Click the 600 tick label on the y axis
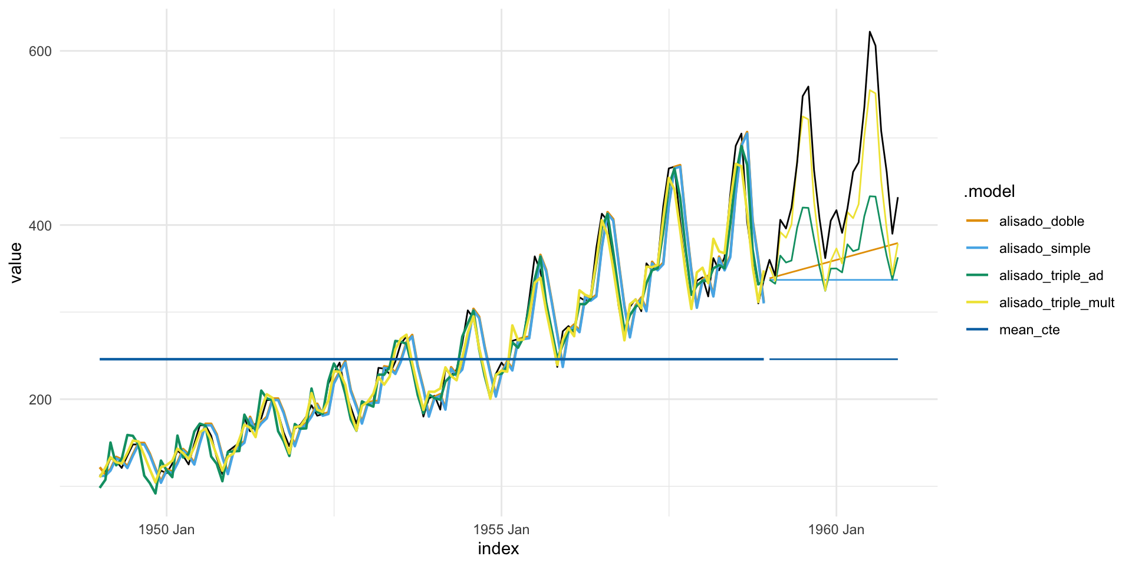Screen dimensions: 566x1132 pos(40,51)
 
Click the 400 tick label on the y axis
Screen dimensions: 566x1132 pos(40,225)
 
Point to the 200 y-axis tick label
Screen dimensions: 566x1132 pos(40,400)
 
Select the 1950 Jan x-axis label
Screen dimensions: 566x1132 pos(166,529)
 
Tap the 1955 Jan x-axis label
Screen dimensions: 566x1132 pos(501,529)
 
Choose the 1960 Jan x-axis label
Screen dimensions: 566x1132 pos(836,529)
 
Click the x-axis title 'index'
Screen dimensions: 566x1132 pos(498,549)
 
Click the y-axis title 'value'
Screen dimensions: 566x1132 pos(16,262)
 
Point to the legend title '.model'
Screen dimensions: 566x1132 pos(989,192)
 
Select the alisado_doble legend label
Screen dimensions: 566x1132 pos(1041,222)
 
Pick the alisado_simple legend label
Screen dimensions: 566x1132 pos(1044,249)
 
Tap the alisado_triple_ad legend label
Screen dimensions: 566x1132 pos(1051,276)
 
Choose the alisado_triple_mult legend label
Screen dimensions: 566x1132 pos(1057,303)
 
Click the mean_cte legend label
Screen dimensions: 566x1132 pos(1029,330)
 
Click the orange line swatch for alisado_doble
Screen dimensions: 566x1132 pos(977,221)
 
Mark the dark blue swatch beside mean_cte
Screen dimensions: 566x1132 pos(977,330)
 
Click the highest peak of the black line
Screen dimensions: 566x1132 pos(870,32)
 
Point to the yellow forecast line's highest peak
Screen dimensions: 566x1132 pos(870,90)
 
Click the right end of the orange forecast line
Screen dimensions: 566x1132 pos(897,243)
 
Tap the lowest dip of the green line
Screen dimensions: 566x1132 pos(155,493)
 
